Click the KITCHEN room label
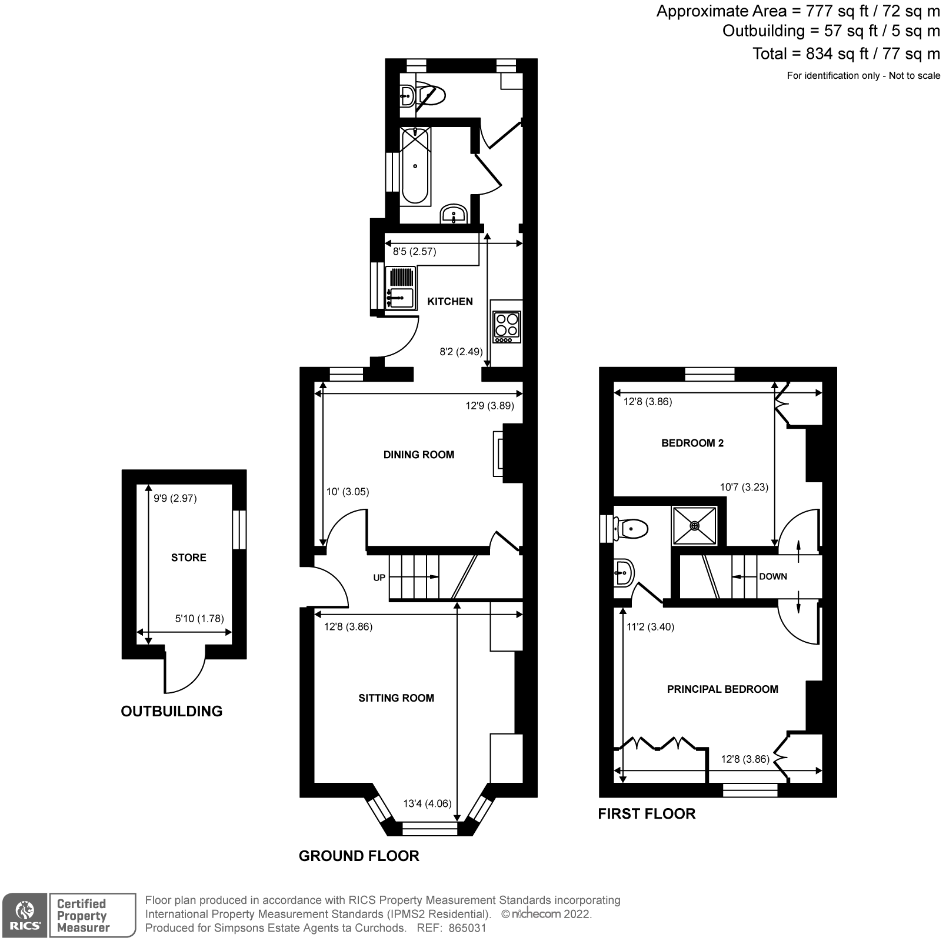[x=449, y=301]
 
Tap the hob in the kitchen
[x=507, y=328]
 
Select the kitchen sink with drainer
[x=400, y=288]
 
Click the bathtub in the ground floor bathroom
[x=415, y=166]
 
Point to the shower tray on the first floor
[x=695, y=525]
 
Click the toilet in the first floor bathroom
[x=631, y=528]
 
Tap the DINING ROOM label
[x=418, y=455]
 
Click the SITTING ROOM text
[x=396, y=698]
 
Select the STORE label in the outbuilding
[x=188, y=558]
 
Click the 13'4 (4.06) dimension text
[x=427, y=803]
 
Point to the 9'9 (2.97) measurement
[x=175, y=498]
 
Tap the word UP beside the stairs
[x=379, y=578]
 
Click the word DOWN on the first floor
[x=772, y=576]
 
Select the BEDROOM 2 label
[x=692, y=443]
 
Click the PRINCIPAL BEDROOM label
[x=722, y=689]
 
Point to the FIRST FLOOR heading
[x=646, y=814]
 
